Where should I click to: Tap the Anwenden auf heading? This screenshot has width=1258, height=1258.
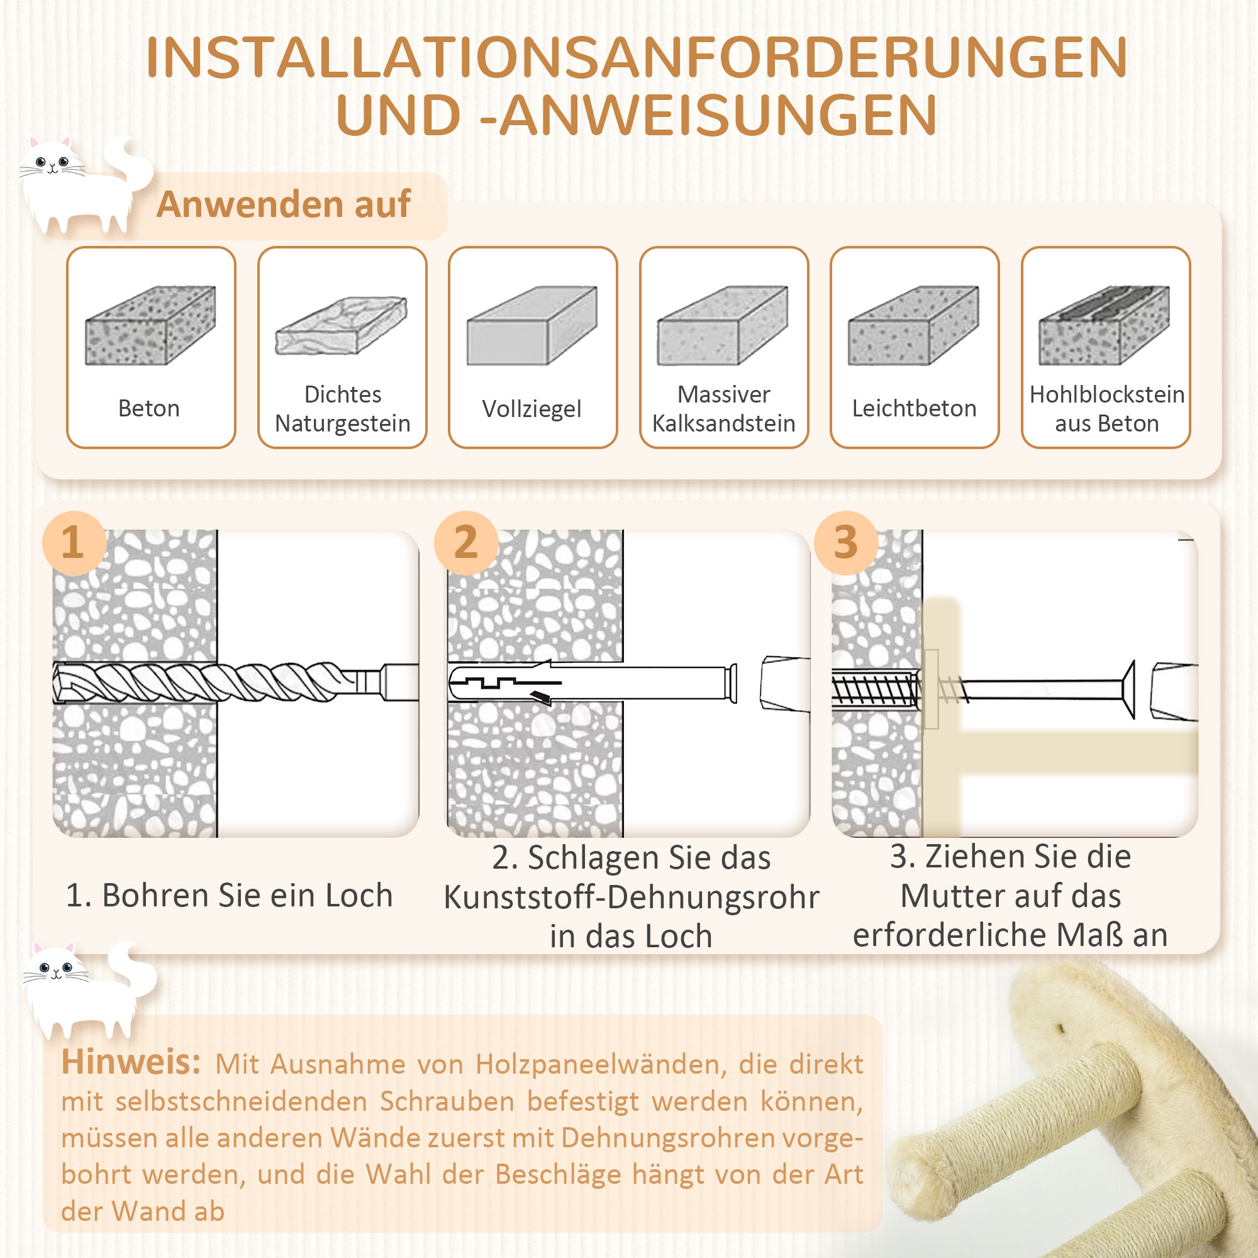283,204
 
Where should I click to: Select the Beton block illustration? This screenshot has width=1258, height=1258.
150,325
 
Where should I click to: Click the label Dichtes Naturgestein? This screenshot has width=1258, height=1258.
343,409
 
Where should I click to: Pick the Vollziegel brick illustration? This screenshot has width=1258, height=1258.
532,325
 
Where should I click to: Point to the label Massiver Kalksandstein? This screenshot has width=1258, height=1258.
723,409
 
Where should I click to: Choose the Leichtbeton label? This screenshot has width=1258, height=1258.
914,408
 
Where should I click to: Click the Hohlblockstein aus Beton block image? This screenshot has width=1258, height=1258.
1105,325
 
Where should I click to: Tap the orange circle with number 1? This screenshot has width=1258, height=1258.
74,542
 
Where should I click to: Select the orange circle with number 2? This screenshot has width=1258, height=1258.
465,542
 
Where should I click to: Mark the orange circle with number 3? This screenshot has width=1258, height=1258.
845,542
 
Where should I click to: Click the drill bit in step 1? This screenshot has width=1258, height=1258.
215,682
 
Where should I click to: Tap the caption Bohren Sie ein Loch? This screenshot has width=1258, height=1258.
229,895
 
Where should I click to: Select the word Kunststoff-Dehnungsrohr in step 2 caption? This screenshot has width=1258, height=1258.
631,898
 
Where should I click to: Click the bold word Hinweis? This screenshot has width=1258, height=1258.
131,1062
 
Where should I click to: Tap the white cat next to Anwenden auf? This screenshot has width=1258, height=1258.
81,186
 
